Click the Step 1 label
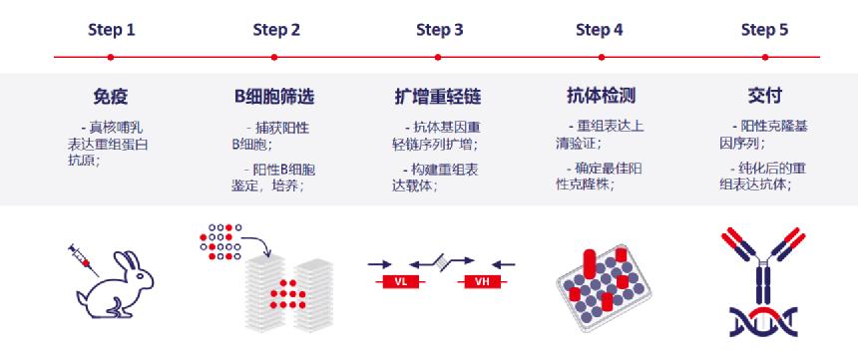point(111,30)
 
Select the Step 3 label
point(439,30)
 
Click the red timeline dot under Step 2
point(275,57)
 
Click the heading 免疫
point(110,97)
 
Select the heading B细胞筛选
point(274,97)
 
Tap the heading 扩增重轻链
point(439,97)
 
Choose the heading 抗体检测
point(601,97)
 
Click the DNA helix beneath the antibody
point(764,319)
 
